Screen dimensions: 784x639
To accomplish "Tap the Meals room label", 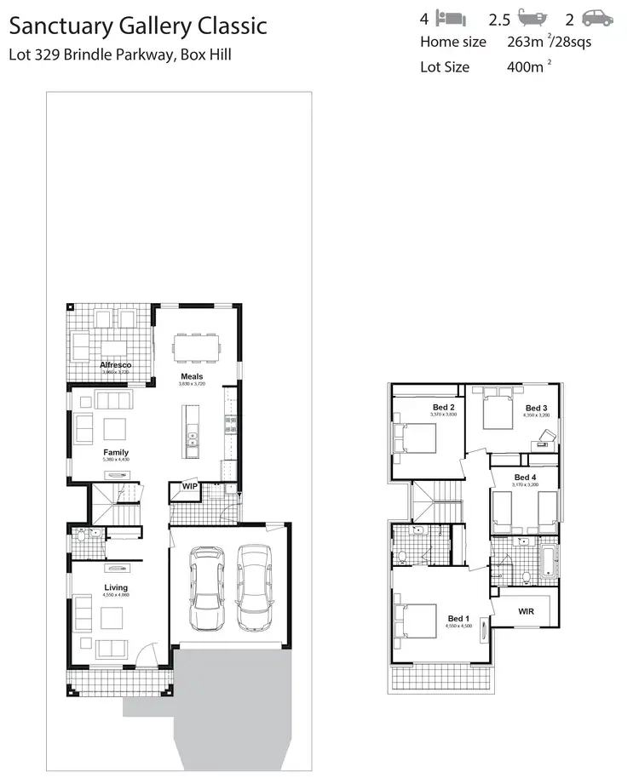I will pos(191,376).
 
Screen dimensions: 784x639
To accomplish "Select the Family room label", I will pos(116,452).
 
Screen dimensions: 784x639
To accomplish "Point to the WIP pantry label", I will pos(189,487).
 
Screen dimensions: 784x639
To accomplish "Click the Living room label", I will pos(116,587).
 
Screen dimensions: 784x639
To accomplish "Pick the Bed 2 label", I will pos(444,408).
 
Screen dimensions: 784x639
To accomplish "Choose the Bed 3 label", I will pos(536,408).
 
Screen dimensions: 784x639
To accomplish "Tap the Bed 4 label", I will pos(526,478).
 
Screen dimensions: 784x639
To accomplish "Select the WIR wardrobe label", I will pos(526,610).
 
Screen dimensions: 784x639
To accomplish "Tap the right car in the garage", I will pos(254,586).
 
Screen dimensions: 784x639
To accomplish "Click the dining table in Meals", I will pos(195,347).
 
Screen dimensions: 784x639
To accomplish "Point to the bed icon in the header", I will pos(450,18).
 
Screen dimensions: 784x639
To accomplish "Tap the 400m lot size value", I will pos(523,67).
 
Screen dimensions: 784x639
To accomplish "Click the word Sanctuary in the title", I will pos(55,26).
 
